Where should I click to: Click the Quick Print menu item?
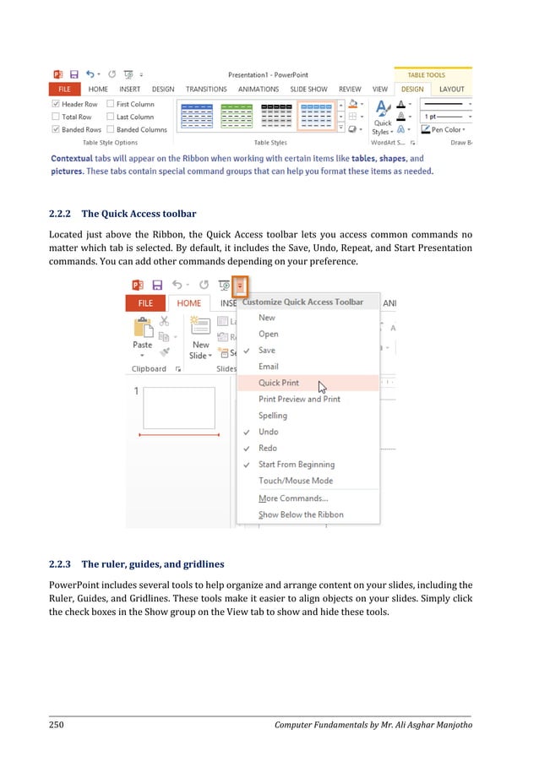tap(279, 383)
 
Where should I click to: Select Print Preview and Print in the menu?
tap(299, 399)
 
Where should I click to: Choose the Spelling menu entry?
tap(273, 416)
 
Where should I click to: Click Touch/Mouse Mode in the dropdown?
tap(295, 481)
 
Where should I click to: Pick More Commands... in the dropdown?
tap(292, 498)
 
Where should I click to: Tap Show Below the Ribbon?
tap(301, 514)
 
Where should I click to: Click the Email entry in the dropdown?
tap(269, 367)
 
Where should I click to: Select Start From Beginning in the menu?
tap(296, 465)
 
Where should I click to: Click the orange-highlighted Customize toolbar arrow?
tap(240, 286)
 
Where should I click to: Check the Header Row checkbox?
tap(57, 105)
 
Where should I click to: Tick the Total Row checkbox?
tap(57, 117)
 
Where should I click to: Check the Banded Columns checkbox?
tap(111, 130)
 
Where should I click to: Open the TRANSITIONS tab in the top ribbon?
tap(206, 90)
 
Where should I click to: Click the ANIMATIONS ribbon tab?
tap(259, 90)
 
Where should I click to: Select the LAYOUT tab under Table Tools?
tap(451, 90)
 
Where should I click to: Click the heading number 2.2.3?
tap(61, 563)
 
